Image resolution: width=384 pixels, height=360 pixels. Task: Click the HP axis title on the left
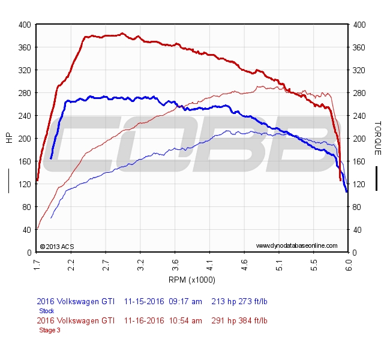9,138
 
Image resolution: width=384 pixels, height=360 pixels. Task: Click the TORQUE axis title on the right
377,138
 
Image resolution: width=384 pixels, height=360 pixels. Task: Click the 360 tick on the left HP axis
24,47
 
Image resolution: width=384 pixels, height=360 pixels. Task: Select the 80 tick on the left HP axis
26,207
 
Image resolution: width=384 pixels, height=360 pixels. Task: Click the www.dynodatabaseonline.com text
296,246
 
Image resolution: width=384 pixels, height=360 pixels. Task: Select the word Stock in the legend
46,311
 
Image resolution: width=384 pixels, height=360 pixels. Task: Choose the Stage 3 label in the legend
50,330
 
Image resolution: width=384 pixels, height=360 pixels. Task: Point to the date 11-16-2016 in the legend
144,321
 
